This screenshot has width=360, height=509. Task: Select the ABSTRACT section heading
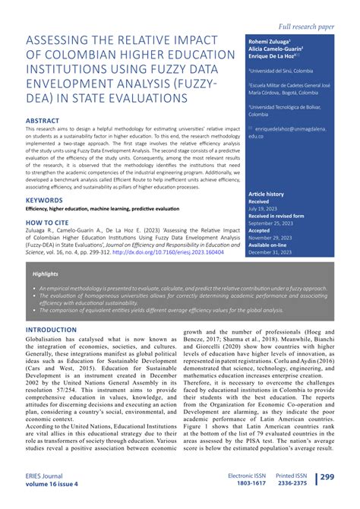coord(45,120)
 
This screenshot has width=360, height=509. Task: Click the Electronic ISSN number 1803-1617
coord(247,482)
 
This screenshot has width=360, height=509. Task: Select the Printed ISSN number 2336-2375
coord(292,482)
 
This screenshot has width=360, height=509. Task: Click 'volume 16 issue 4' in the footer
coord(52,483)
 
